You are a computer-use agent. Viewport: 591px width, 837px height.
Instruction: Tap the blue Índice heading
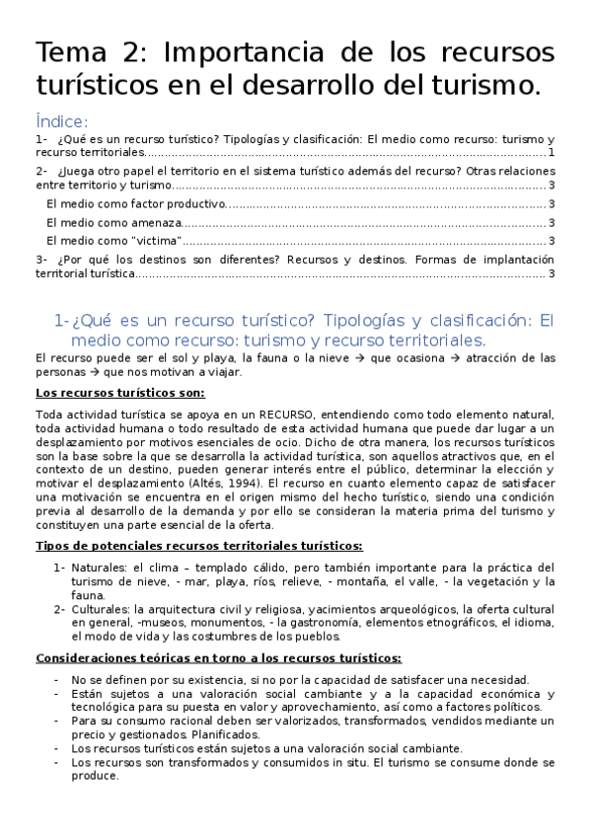pos(61,121)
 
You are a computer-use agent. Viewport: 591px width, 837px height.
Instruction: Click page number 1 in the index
pos(552,153)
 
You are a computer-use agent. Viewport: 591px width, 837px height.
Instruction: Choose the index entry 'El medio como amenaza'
pos(101,222)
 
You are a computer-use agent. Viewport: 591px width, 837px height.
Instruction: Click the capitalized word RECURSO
pos(287,415)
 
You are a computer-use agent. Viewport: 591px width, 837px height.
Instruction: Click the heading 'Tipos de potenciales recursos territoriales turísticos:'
pos(198,546)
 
